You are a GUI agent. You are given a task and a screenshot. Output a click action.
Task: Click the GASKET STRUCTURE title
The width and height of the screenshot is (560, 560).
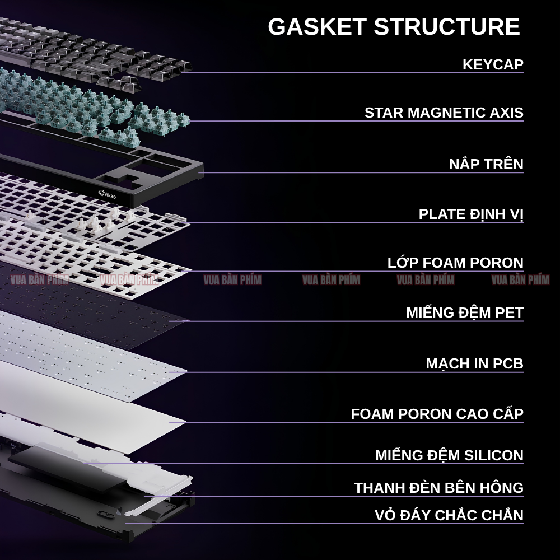click(x=394, y=26)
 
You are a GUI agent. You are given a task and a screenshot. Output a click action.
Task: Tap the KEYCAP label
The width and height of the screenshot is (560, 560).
click(x=493, y=64)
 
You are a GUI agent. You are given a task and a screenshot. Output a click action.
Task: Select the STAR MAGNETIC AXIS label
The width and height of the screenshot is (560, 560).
click(x=444, y=113)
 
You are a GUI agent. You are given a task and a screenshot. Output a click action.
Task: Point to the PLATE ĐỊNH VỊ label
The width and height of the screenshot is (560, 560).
click(x=471, y=214)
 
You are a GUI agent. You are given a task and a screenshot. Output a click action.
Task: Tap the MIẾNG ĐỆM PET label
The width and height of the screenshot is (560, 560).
click(x=465, y=312)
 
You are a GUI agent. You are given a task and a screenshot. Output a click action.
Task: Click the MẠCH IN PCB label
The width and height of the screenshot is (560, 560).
click(x=475, y=363)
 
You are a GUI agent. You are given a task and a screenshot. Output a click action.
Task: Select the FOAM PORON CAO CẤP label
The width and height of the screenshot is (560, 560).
click(x=437, y=413)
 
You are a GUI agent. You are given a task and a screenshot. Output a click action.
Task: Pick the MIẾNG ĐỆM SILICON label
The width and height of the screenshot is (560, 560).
click(x=449, y=455)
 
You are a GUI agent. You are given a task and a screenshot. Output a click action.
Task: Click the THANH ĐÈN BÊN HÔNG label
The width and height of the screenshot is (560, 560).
click(x=438, y=487)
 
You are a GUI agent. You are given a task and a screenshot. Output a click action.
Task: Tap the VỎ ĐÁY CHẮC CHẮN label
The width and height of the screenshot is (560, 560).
click(x=449, y=514)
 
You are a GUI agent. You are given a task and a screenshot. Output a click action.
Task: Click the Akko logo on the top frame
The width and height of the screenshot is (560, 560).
click(x=107, y=194)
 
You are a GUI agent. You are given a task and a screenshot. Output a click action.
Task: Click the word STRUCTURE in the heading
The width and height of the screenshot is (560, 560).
click(x=447, y=26)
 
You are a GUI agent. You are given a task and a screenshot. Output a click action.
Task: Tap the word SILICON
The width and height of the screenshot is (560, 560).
click(x=494, y=455)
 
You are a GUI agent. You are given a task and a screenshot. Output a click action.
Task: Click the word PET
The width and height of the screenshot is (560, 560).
click(x=509, y=312)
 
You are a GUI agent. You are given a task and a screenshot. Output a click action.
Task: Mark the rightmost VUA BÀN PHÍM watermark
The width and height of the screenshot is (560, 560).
click(x=520, y=279)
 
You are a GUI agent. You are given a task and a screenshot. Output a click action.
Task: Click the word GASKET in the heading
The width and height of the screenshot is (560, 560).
click(x=317, y=26)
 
